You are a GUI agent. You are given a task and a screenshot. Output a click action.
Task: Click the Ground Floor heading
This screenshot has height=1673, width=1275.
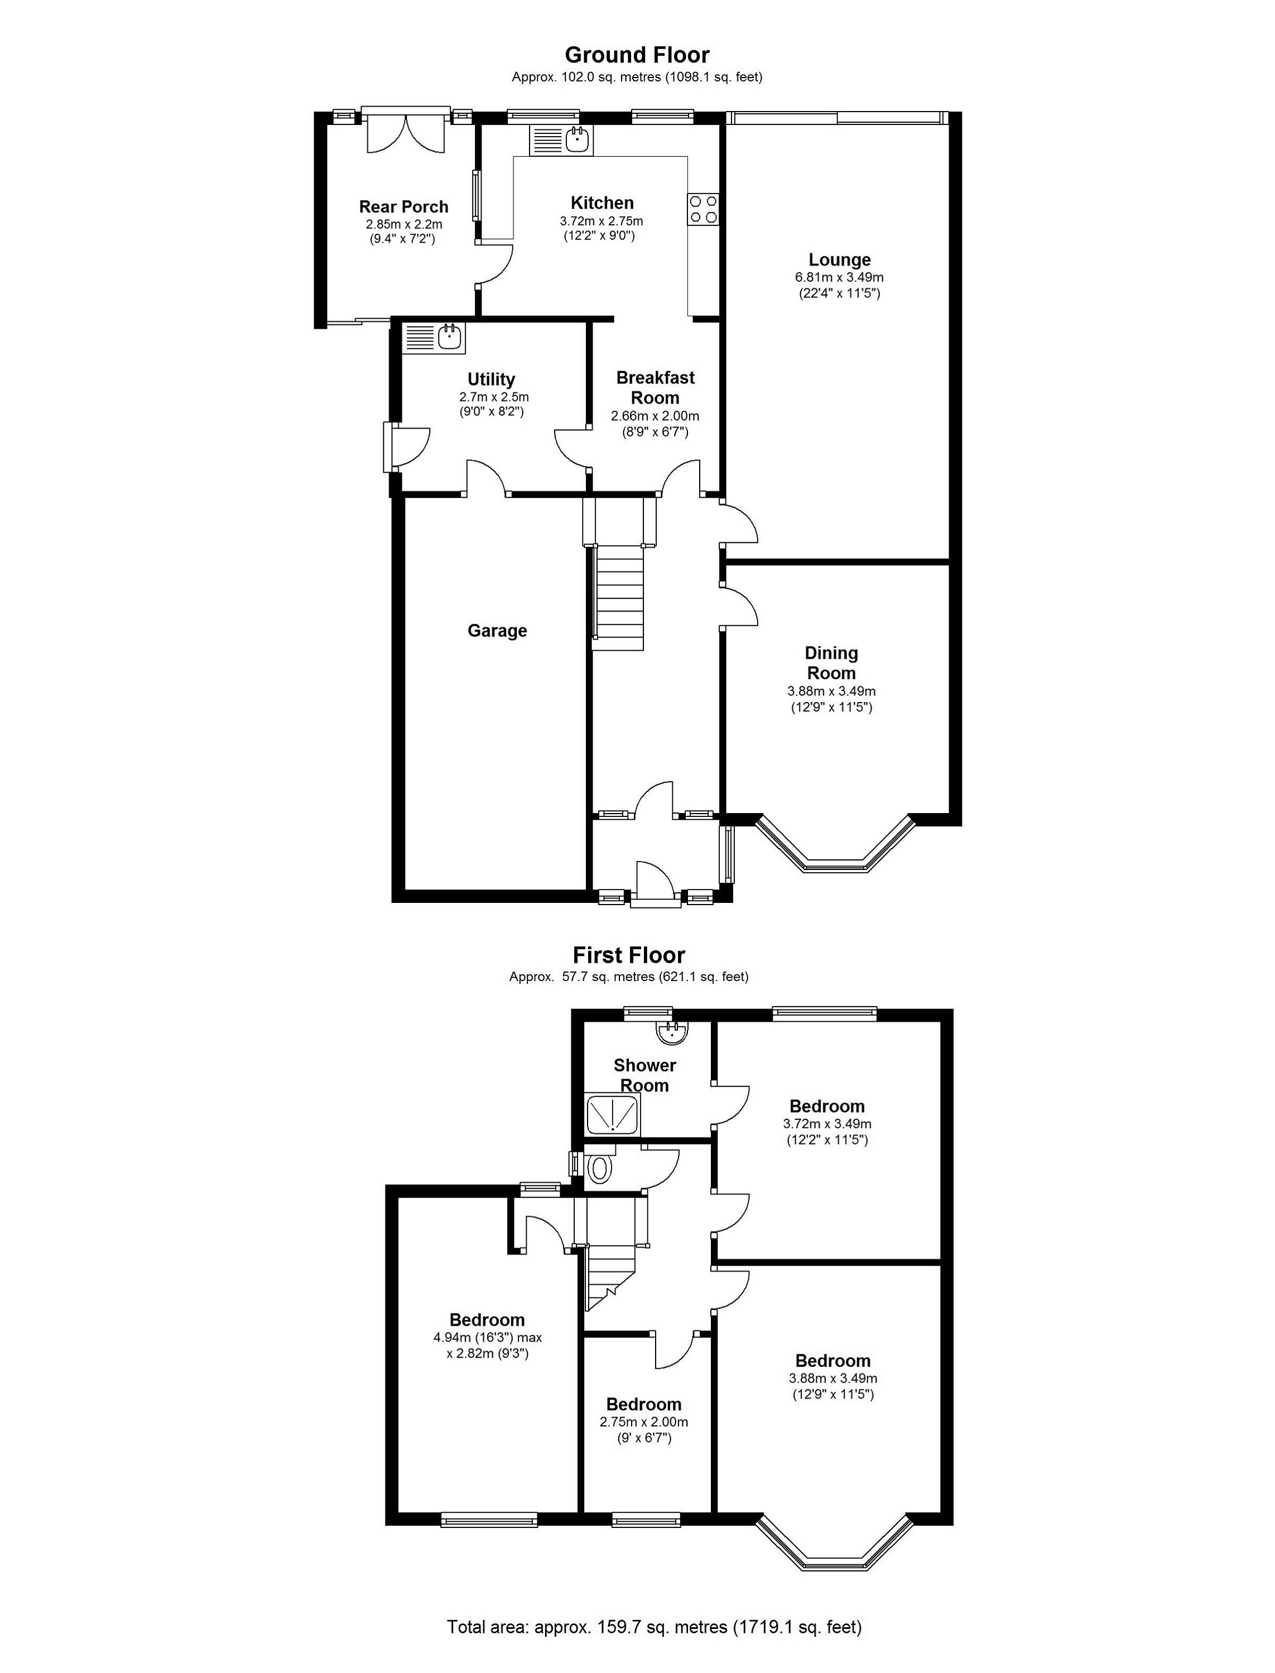(x=637, y=55)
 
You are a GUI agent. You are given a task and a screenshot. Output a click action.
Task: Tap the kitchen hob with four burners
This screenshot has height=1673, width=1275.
(x=703, y=209)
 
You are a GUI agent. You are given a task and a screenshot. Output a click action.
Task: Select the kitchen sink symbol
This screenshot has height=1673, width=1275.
(x=578, y=140)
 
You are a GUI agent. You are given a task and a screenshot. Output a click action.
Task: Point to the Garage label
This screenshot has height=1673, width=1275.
(x=497, y=631)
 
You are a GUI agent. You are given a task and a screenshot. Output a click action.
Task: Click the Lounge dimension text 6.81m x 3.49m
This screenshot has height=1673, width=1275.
(x=839, y=278)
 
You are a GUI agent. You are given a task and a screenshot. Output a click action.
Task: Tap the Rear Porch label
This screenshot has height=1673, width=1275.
(x=404, y=206)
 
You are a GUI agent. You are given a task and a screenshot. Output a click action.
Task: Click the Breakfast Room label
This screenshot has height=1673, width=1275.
(x=655, y=388)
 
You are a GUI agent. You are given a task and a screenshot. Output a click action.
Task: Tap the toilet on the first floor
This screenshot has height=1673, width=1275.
(x=599, y=1169)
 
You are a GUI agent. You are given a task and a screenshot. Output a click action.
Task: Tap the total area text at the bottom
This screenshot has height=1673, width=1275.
(x=654, y=1627)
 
